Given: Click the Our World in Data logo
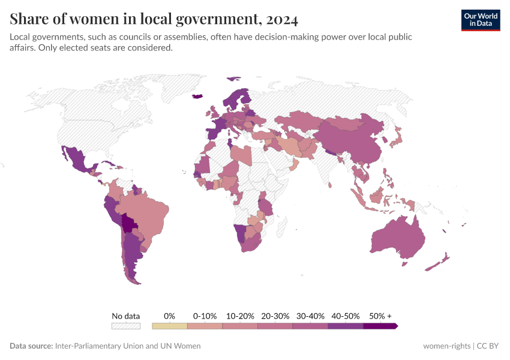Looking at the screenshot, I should click(480, 20).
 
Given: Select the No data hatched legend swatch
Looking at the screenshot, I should click(125, 326).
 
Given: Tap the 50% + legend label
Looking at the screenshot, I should click(380, 316).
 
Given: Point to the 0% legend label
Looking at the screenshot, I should click(169, 316).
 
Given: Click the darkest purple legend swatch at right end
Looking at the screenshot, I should click(380, 326).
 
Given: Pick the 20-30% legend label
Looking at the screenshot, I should click(275, 316).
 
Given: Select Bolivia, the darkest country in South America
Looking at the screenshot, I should click(129, 224).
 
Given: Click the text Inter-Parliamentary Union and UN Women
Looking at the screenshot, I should click(128, 346).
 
